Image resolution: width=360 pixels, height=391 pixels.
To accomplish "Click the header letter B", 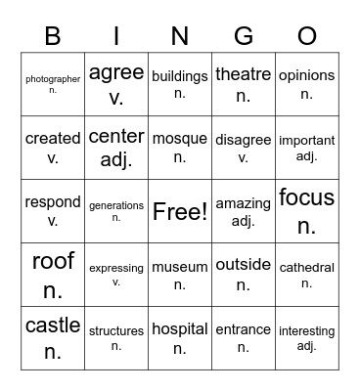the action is [53, 36].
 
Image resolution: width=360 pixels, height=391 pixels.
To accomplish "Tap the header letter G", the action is [243, 36].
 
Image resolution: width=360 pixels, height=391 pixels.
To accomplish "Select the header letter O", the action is [306, 36].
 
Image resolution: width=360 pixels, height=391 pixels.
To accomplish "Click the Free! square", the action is [180, 212].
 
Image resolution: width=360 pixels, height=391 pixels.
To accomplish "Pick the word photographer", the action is [53, 78].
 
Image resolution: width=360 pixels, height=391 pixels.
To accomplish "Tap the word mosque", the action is [180, 139].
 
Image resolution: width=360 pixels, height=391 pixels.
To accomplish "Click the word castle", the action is [53, 326].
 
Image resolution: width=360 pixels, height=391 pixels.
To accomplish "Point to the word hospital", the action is [180, 329].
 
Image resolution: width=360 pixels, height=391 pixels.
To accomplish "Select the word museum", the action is [180, 266].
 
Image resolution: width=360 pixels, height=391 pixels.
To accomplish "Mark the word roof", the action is [53, 261].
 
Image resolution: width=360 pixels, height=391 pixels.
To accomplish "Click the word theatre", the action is [243, 74].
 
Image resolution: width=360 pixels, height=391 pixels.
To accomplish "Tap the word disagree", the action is [243, 139].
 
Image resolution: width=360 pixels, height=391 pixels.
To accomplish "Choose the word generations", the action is [116, 205].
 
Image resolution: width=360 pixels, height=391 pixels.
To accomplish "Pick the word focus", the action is [306, 198].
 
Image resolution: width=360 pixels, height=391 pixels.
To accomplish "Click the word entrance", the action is [243, 330].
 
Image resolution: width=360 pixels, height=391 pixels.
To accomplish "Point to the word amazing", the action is [243, 203].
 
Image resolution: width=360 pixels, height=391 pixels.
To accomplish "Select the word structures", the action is [116, 331].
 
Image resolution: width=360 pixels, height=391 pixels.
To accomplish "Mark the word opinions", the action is [306, 75].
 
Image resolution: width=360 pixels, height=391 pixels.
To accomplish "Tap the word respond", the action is [53, 203].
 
